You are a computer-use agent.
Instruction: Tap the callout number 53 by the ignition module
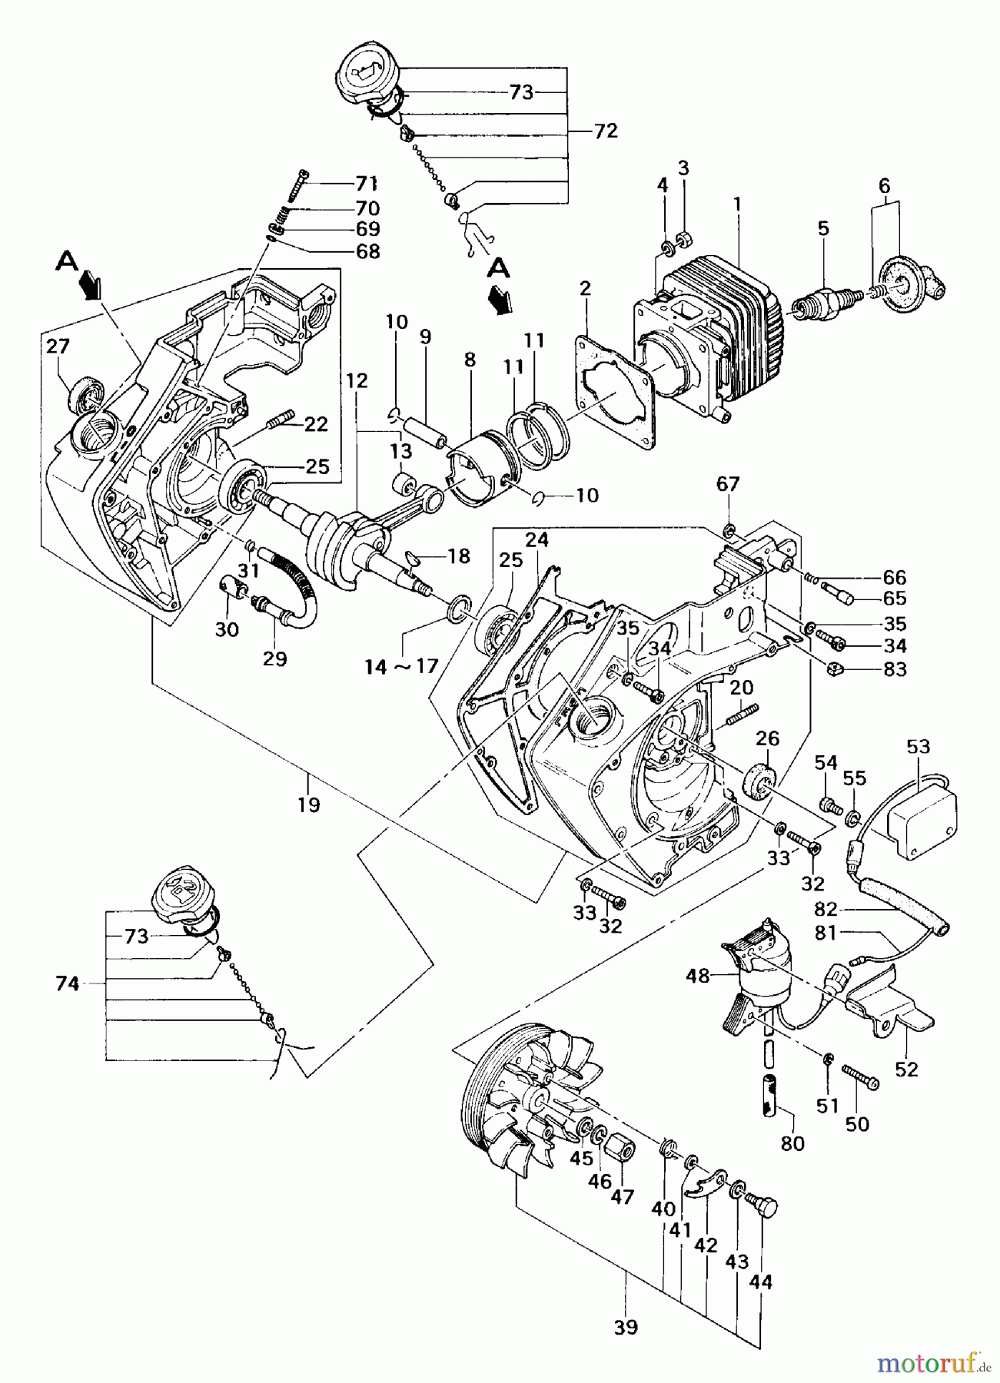(918, 746)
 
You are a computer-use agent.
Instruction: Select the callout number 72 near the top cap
(605, 131)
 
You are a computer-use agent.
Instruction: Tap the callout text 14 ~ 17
(401, 667)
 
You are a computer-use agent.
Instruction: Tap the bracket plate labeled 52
(892, 1007)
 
